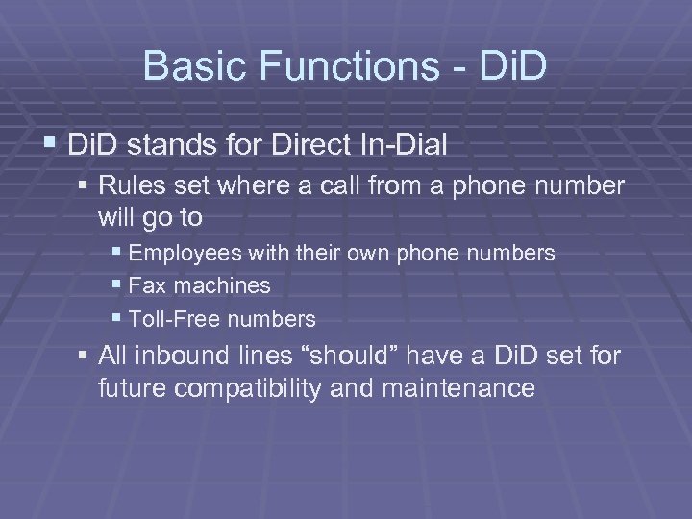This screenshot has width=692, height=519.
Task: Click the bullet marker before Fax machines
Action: tap(117, 285)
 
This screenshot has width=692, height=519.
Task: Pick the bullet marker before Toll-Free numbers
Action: tap(117, 318)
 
